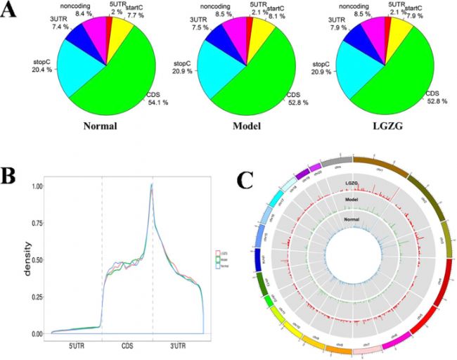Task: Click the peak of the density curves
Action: pyautogui.click(x=151, y=186)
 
